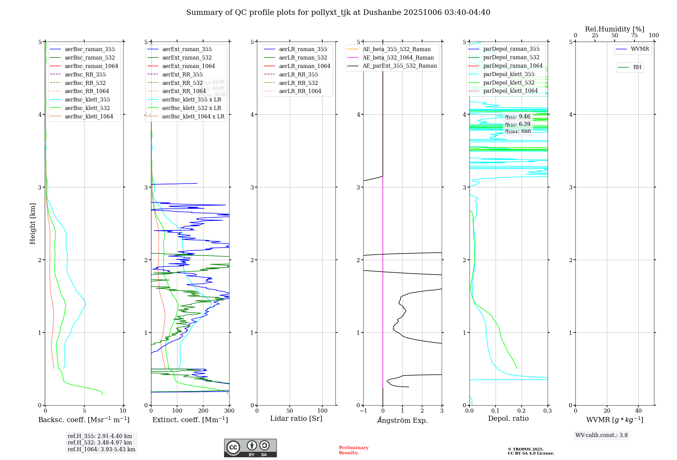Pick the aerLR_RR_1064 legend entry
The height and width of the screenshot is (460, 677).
pyautogui.click(x=300, y=91)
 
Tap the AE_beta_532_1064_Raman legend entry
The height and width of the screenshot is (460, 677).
pyautogui.click(x=398, y=57)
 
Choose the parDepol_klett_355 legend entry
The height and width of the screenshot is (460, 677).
pyautogui.click(x=509, y=74)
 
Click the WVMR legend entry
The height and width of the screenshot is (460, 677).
pyautogui.click(x=640, y=49)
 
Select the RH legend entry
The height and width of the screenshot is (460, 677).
pyautogui.click(x=637, y=67)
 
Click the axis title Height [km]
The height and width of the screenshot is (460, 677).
pyautogui.click(x=32, y=224)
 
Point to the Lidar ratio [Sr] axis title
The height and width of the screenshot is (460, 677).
pyautogui.click(x=296, y=418)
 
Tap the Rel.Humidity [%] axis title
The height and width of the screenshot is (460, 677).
pyautogui.click(x=614, y=29)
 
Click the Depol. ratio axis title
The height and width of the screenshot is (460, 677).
pyautogui.click(x=508, y=418)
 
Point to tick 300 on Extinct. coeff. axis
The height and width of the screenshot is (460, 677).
pyautogui.click(x=229, y=411)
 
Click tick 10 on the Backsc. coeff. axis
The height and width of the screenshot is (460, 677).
pyautogui.click(x=123, y=411)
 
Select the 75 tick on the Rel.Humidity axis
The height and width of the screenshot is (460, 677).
pyautogui.click(x=634, y=36)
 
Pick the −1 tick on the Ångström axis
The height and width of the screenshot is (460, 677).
pyautogui.click(x=363, y=411)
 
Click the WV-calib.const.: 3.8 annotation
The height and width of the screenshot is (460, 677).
pyautogui.click(x=602, y=435)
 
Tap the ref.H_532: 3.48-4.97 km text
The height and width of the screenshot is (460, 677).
pyautogui.click(x=100, y=442)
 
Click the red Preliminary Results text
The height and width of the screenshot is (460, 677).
pyautogui.click(x=353, y=450)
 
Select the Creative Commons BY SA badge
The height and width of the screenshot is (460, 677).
pyautogui.click(x=250, y=448)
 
